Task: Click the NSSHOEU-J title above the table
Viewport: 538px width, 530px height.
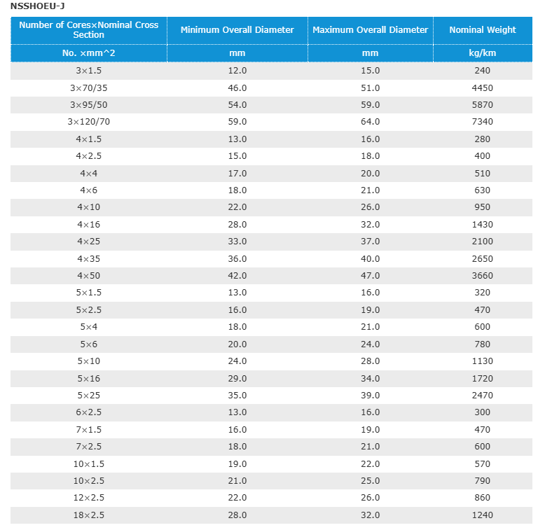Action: [37, 6]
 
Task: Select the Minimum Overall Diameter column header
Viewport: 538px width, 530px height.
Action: [237, 30]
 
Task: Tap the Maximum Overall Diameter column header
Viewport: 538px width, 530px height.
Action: [370, 30]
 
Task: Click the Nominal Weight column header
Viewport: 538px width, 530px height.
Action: [483, 30]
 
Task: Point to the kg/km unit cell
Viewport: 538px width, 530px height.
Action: [483, 53]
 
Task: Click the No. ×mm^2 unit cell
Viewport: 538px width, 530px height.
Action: [88, 53]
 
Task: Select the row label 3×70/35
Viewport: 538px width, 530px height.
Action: [88, 88]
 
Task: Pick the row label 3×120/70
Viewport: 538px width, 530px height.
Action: [88, 122]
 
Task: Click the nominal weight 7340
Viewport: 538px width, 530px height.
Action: [483, 122]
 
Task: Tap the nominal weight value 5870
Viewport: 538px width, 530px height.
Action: [483, 105]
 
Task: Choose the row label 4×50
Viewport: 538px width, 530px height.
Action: [88, 276]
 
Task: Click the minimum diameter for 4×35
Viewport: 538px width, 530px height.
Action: [237, 259]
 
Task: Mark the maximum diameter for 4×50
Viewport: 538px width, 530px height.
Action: [370, 276]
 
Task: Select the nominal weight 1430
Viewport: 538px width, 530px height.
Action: [483, 225]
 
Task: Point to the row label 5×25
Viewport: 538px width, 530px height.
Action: [88, 396]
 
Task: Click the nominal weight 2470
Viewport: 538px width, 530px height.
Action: [483, 396]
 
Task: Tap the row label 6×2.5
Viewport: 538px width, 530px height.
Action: [88, 412]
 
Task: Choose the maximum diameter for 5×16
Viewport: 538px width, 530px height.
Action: [370, 379]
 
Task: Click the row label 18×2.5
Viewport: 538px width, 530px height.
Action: [88, 515]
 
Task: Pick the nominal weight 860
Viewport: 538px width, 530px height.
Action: [483, 497]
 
